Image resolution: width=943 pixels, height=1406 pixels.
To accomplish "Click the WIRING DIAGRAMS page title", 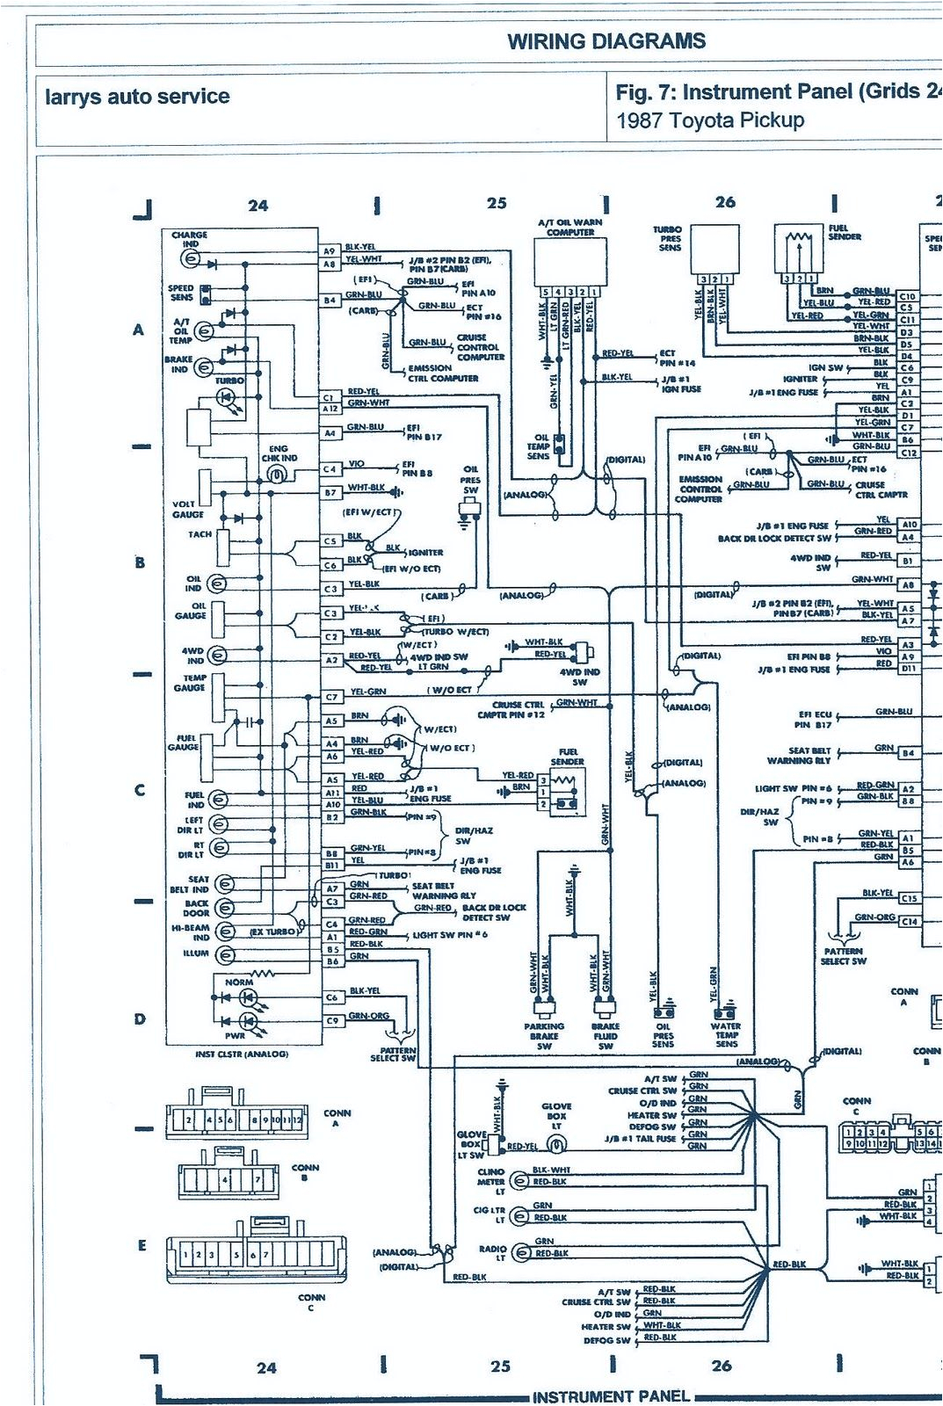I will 606,41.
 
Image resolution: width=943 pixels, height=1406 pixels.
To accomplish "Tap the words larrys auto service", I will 137,97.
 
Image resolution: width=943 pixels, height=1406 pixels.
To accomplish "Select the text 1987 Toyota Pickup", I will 710,120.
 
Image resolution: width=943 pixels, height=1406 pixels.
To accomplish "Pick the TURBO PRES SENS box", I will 714,249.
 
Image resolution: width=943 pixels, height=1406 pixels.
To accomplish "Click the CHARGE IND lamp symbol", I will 190,259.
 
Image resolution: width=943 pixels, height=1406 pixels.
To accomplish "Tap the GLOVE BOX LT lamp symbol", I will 556,1144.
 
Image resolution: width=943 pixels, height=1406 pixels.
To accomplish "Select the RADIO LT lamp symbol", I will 521,1252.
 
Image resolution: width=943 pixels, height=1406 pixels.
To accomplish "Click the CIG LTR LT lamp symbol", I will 520,1216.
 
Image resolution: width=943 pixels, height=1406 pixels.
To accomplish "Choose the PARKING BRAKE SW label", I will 544,1036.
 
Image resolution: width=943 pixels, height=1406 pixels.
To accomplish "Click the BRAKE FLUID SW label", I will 605,1036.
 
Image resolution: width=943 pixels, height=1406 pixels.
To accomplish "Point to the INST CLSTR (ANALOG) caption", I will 241,1054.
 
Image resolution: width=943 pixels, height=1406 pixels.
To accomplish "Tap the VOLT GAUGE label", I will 188,510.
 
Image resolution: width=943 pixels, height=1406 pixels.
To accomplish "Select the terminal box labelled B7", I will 330,493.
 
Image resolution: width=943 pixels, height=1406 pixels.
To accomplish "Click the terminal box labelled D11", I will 907,669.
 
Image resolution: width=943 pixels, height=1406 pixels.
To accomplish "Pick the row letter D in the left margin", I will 140,1019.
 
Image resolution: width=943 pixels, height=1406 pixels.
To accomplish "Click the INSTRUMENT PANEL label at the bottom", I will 611,1396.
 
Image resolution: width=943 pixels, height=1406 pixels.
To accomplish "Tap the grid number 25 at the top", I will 497,203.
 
